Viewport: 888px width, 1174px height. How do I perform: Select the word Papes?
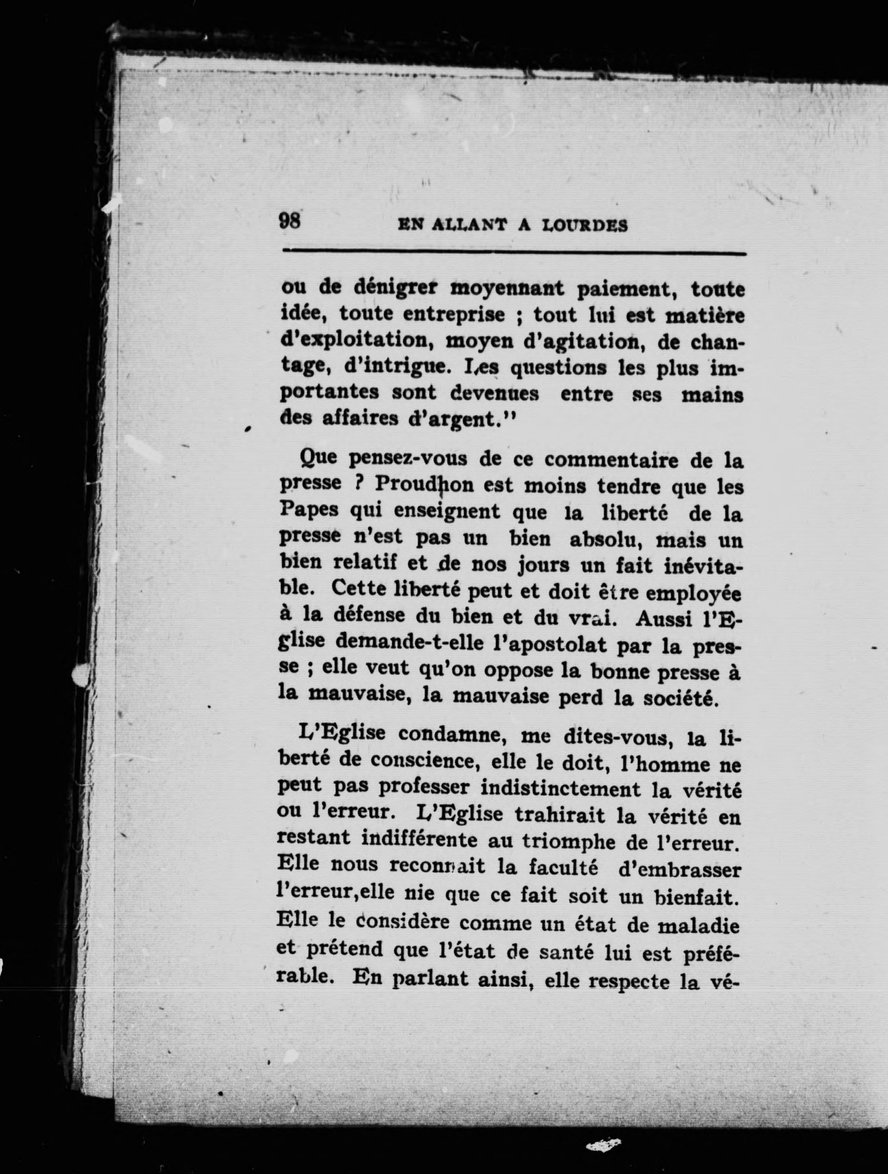pyautogui.click(x=309, y=511)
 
